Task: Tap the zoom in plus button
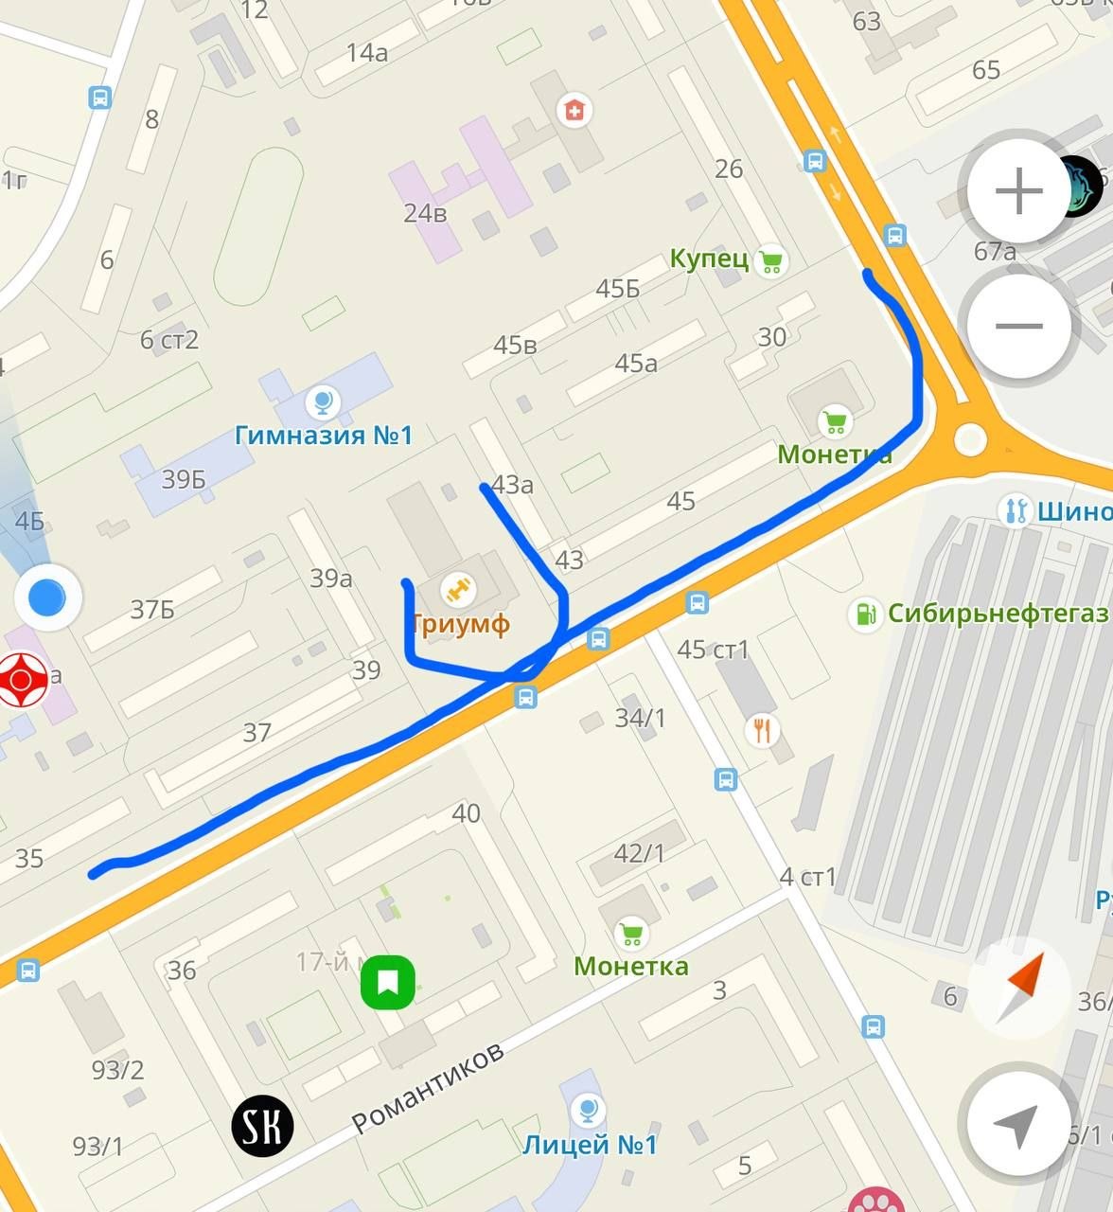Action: click(1018, 192)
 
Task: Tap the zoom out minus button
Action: click(1018, 326)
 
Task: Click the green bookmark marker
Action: click(388, 982)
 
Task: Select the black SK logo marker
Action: click(262, 1126)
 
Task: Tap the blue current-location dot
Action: click(47, 597)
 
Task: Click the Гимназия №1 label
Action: click(324, 436)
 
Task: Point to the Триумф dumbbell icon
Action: click(459, 591)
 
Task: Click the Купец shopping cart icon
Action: click(771, 260)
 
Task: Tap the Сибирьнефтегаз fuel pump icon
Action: click(865, 614)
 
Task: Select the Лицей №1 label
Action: click(590, 1145)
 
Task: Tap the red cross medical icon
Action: click(573, 111)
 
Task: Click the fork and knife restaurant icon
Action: click(762, 730)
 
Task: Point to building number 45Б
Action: click(617, 289)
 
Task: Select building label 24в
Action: click(425, 214)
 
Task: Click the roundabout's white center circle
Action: click(970, 438)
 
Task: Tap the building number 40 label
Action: click(466, 812)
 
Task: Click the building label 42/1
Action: click(639, 853)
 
